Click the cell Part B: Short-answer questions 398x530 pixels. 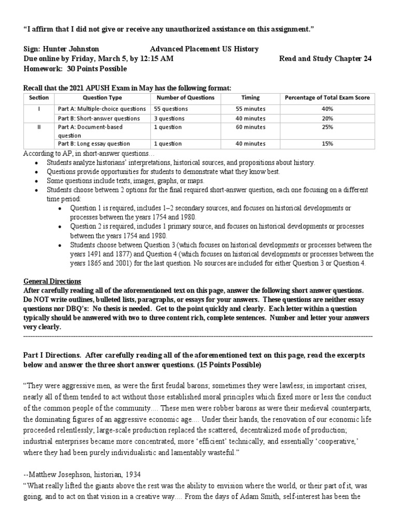pos(98,118)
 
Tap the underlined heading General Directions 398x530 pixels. pos(52,281)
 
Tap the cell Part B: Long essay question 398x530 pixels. pos(94,143)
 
